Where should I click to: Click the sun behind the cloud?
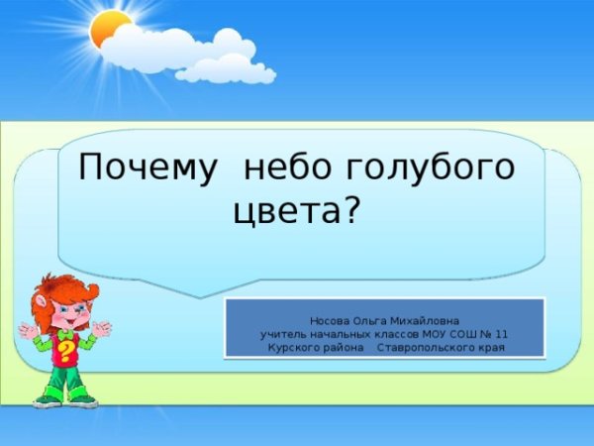[x=109, y=29]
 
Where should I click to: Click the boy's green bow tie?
[x=65, y=336]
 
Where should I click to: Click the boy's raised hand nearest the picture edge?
[x=26, y=324]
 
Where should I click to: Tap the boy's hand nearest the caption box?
[x=103, y=328]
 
